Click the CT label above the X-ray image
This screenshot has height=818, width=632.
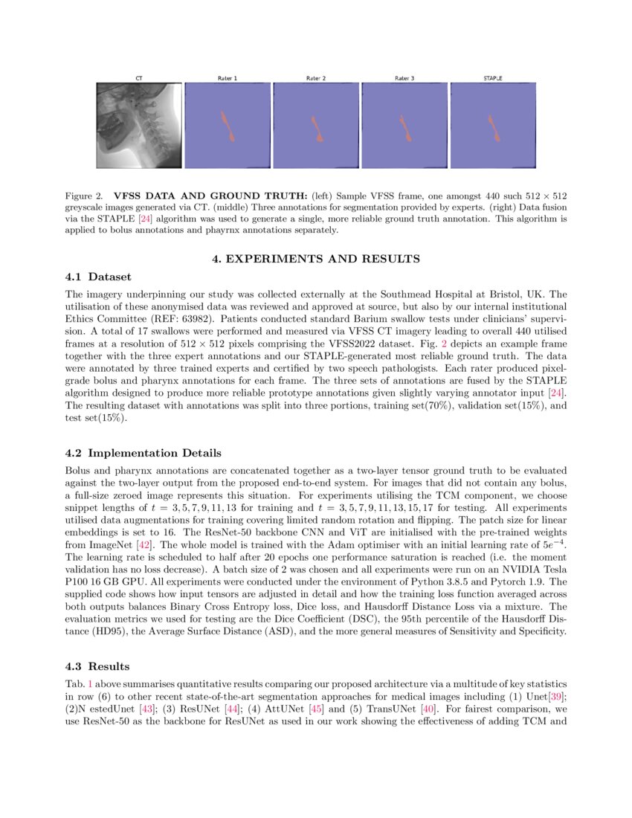pos(139,78)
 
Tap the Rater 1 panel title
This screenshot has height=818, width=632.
pos(228,78)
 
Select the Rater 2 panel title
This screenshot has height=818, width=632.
pos(316,78)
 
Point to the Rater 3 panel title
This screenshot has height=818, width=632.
pos(404,78)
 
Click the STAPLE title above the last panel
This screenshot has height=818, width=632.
pos(493,78)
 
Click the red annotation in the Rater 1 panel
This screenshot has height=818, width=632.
pos(228,125)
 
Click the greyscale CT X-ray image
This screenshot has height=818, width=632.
pos(139,125)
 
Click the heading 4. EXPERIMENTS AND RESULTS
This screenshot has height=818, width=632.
pos(316,259)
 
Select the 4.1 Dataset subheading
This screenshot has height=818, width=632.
pos(98,277)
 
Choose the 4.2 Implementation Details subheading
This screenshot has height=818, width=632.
pos(143,453)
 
